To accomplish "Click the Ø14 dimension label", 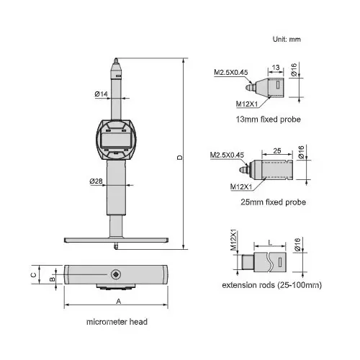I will pyautogui.click(x=102, y=94).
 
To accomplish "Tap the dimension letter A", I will pyautogui.click(x=118, y=302).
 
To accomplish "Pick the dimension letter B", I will pyautogui.click(x=52, y=277).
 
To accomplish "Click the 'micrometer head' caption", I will pyautogui.click(x=117, y=322).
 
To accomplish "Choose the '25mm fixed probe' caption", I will pyautogui.click(x=274, y=202).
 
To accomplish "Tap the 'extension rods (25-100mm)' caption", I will pyautogui.click(x=271, y=286).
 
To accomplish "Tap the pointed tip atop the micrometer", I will pyautogui.click(x=114, y=63).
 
